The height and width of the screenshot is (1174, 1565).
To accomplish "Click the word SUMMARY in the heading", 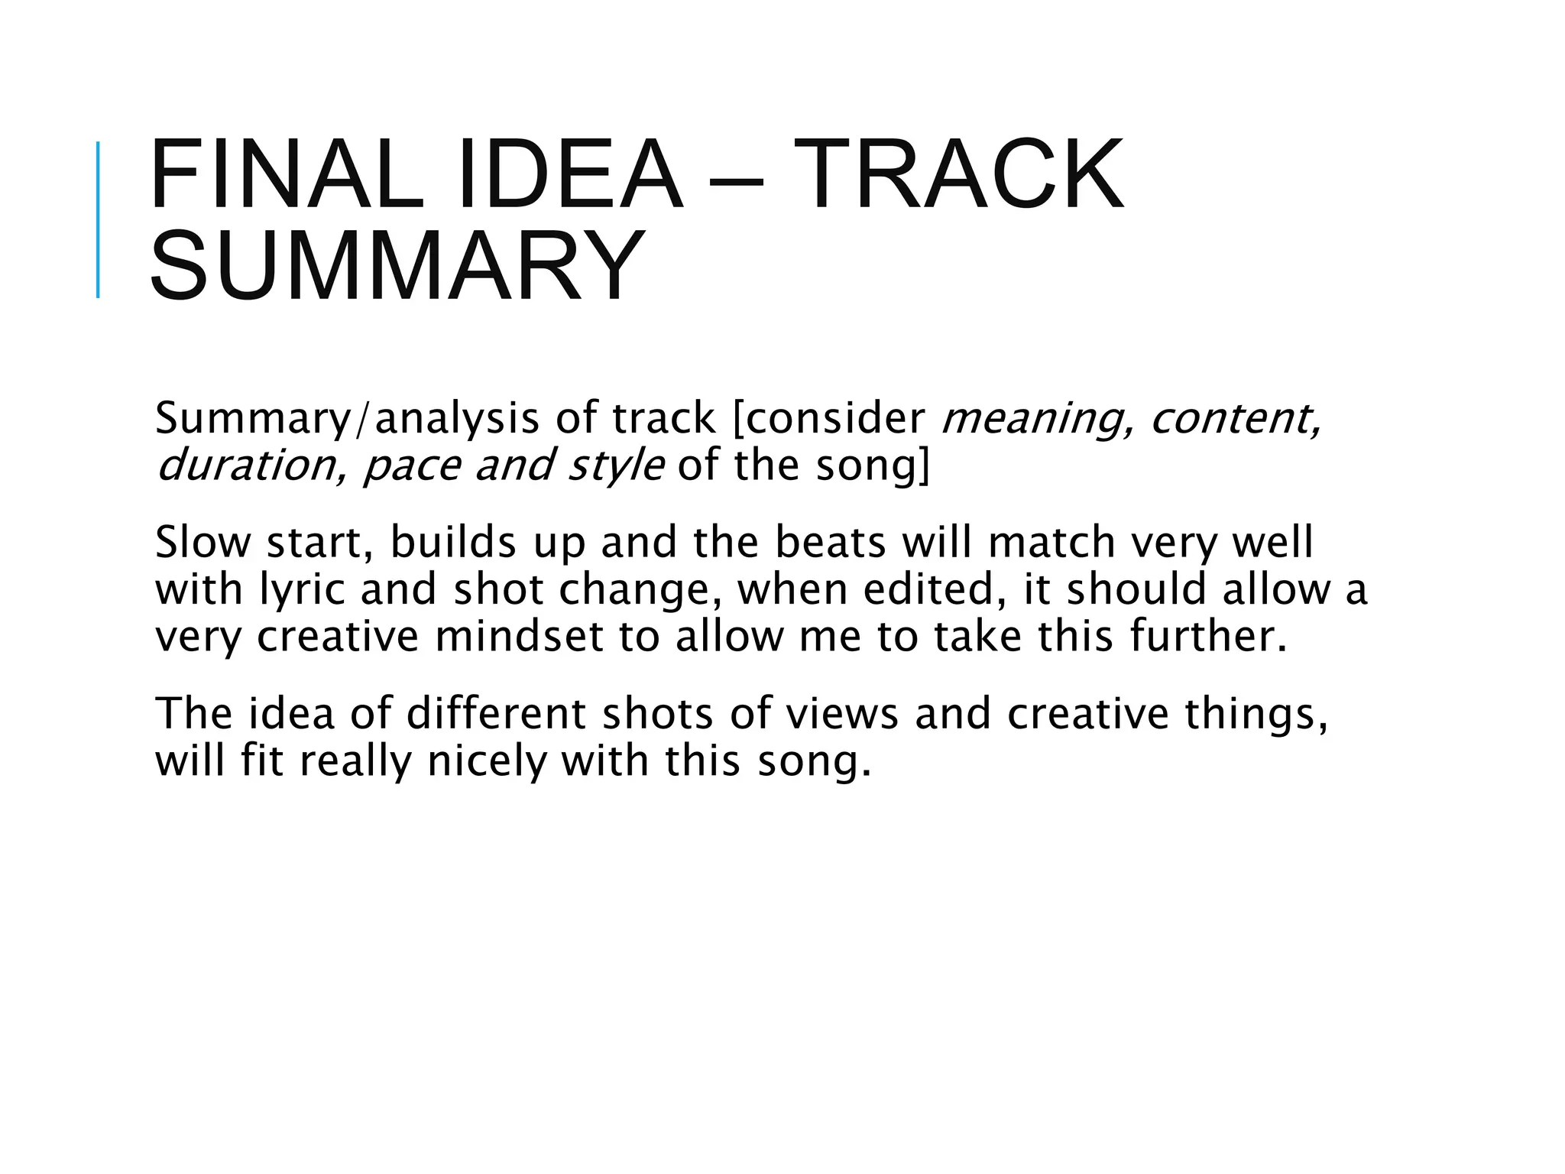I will click(x=397, y=265).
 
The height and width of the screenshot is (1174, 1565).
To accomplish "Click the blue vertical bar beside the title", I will click(x=98, y=220).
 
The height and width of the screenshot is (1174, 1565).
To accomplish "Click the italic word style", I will click(x=616, y=465).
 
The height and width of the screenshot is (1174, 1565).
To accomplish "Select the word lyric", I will click(x=302, y=590).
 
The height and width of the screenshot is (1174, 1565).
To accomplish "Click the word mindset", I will click(x=520, y=637).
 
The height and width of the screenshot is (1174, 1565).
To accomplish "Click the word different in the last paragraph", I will click(x=496, y=714).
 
